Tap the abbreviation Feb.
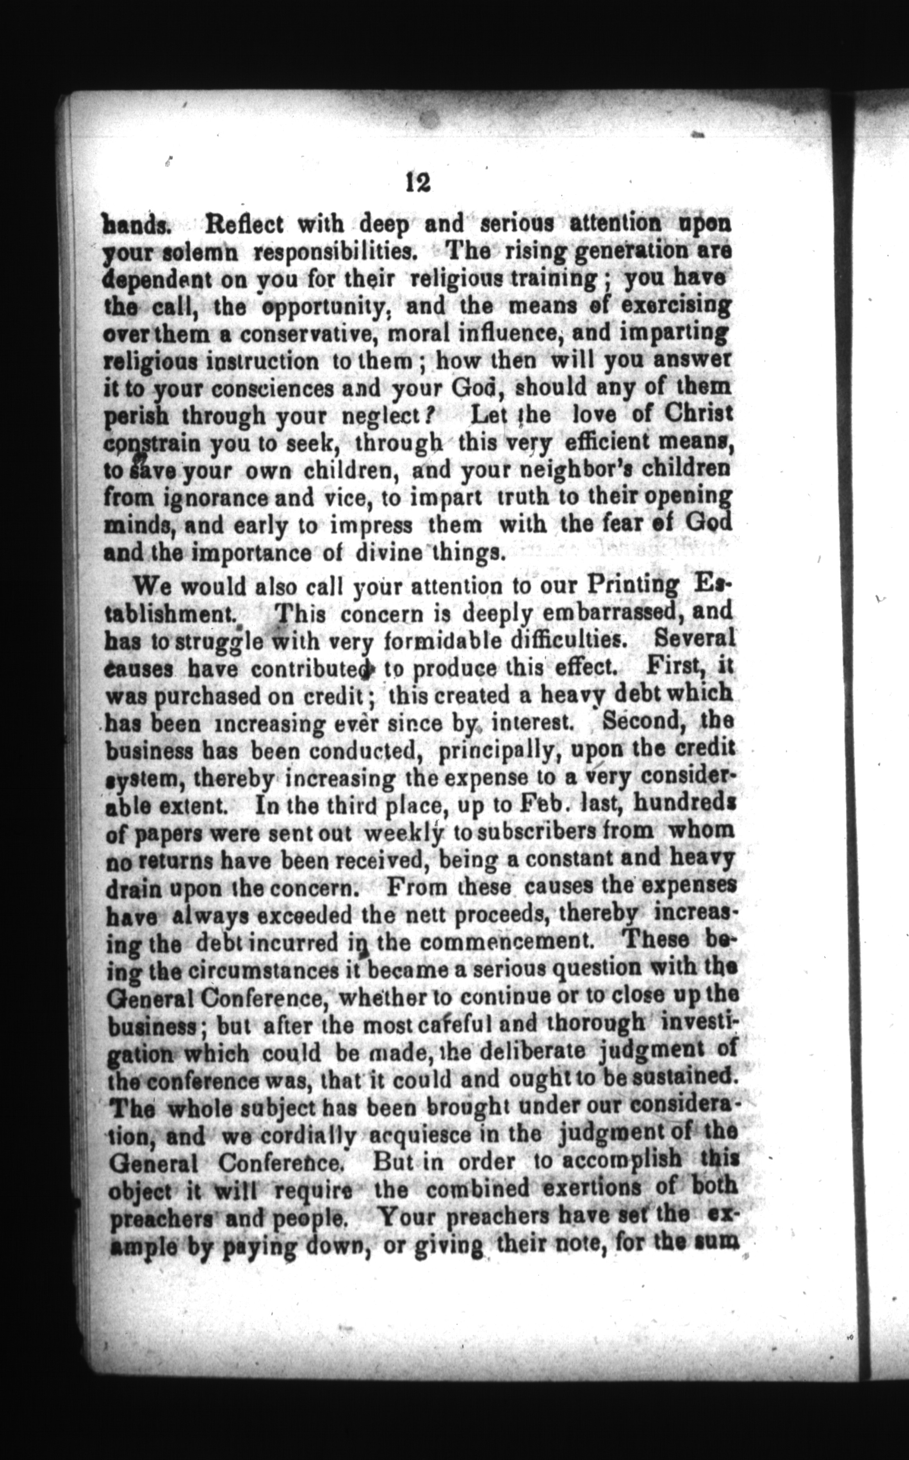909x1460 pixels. [544, 804]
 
